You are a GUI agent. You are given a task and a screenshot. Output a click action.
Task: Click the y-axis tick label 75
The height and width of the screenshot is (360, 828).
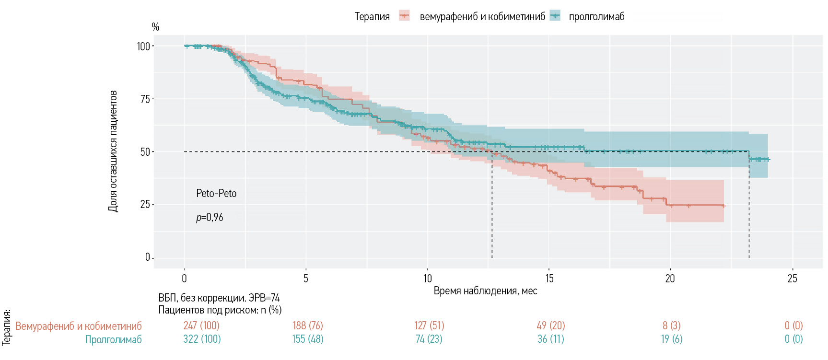coord(145,99)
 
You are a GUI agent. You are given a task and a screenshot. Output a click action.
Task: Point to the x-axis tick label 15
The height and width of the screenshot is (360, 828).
coord(549,279)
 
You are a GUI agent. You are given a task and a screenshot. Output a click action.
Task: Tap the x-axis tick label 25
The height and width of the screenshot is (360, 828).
coord(793,279)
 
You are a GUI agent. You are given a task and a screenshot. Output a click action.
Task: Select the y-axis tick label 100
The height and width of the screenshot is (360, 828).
coord(143,46)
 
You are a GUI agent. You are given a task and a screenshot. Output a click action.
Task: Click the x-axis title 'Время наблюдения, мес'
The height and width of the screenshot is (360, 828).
coord(485,291)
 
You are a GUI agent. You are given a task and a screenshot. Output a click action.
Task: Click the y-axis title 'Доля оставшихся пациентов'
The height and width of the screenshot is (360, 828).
coord(113,151)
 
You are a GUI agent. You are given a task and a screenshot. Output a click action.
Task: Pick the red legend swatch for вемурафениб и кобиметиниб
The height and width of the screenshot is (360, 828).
coord(405,16)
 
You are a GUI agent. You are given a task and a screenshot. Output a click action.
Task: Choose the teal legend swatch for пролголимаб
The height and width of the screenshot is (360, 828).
coord(556,16)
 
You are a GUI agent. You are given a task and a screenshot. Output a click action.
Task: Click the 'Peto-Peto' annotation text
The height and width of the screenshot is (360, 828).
coord(216,194)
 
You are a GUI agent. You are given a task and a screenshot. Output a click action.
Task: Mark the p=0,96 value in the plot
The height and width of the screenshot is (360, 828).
coord(210,218)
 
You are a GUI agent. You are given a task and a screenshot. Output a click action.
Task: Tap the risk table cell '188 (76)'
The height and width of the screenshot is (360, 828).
coord(308,325)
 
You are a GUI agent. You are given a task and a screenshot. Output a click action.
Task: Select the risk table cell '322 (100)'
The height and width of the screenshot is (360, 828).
coord(202,339)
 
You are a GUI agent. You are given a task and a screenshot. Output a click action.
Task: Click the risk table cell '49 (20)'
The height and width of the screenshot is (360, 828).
coord(551,325)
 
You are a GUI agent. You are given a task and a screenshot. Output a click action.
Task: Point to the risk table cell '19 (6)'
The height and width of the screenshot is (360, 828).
coord(672,339)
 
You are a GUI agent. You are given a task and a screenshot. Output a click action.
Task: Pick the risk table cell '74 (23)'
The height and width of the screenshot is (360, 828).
coord(429,339)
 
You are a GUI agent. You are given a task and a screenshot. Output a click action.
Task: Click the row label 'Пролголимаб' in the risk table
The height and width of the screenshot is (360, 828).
coord(114,339)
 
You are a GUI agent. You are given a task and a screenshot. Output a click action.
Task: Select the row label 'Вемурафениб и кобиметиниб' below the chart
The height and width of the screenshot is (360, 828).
coord(79,326)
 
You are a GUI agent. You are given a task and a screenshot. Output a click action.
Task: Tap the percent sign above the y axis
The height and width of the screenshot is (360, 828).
coord(155,27)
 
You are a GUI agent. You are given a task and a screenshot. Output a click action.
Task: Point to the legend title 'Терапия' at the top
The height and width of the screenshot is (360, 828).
coord(372,17)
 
